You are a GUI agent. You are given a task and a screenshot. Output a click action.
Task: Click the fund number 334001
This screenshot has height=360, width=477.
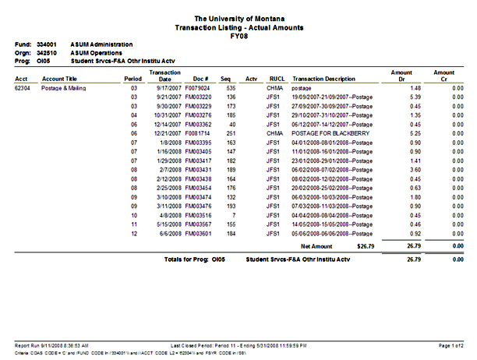(x=48, y=44)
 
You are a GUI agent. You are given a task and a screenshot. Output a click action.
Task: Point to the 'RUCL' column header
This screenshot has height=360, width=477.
(x=277, y=79)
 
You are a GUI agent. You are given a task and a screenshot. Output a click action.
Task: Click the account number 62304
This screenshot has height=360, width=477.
(x=23, y=90)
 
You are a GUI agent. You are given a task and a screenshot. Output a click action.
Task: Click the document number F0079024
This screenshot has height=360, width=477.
(x=198, y=90)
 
